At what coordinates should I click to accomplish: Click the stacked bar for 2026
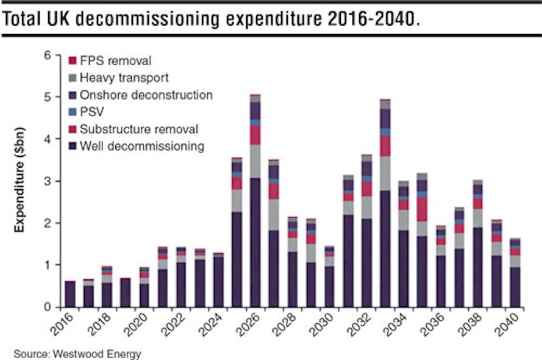pyautogui.click(x=255, y=201)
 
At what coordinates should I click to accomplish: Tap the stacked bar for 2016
pyautogui.click(x=71, y=293)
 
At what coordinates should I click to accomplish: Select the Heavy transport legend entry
pyautogui.click(x=119, y=78)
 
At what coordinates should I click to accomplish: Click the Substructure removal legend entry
pyautogui.click(x=134, y=129)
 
